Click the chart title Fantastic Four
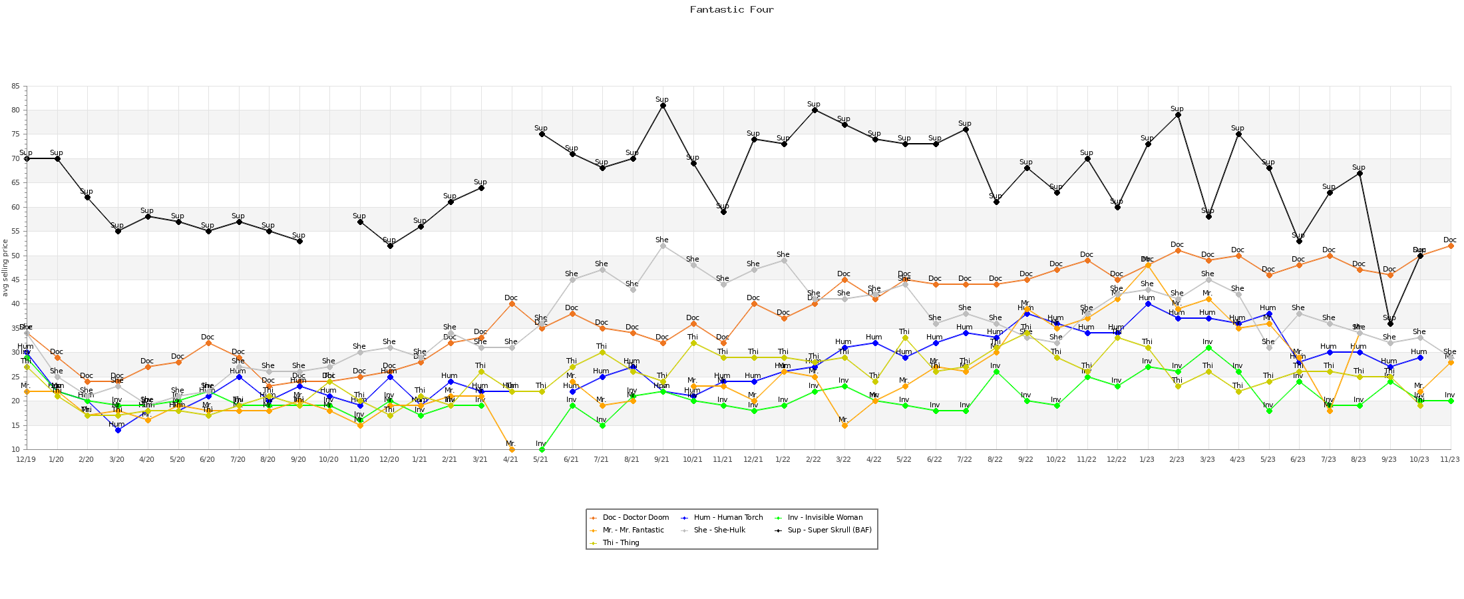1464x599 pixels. click(x=731, y=10)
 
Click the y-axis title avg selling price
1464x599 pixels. click(x=5, y=268)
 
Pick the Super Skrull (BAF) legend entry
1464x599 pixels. click(x=829, y=530)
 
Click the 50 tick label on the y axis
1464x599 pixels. click(x=15, y=256)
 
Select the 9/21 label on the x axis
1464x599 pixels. click(x=662, y=459)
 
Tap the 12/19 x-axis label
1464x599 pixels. click(x=26, y=459)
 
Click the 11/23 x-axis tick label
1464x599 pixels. click(x=1450, y=459)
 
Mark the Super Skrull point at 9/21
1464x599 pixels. click(x=663, y=105)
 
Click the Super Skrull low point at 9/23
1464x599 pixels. click(x=1390, y=323)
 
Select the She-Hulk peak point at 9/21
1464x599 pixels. click(x=663, y=246)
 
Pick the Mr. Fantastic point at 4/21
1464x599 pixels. click(x=512, y=449)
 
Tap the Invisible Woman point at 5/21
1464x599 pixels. click(x=542, y=449)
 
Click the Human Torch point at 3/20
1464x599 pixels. click(x=118, y=430)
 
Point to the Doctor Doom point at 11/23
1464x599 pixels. click(x=1451, y=246)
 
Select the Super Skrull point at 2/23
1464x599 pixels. click(x=1178, y=114)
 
